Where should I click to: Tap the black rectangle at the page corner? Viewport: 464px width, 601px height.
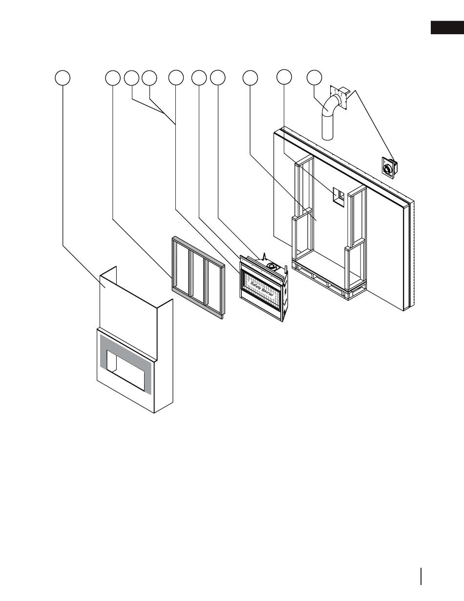pos(446,28)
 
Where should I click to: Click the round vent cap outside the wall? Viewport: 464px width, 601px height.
pos(389,170)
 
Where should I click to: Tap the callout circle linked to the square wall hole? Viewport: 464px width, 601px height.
pos(284,77)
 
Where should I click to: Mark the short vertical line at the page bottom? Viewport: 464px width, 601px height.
pos(420,576)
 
